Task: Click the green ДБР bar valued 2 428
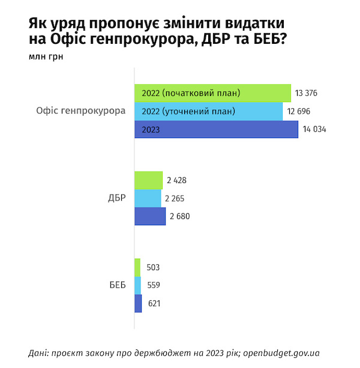tap(148, 180)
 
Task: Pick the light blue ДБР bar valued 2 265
tap(148, 198)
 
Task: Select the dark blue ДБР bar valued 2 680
tap(149, 216)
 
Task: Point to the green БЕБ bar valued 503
tap(137, 267)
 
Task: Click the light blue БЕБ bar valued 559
tap(138, 285)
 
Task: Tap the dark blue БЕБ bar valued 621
tap(139, 304)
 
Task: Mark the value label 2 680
tap(179, 217)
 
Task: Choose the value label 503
tap(153, 268)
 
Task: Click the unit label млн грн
tap(45, 58)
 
